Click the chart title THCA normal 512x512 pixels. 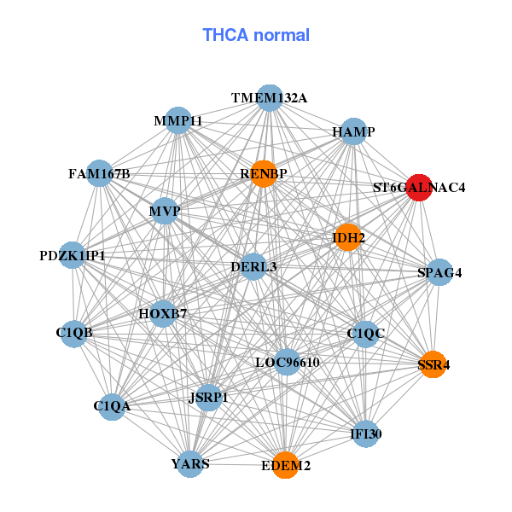click(x=256, y=35)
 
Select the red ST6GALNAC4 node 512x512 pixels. click(x=418, y=188)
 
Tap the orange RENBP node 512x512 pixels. click(x=264, y=173)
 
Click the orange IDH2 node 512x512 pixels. click(x=348, y=237)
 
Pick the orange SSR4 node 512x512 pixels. click(x=433, y=364)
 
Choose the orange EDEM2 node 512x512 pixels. click(x=285, y=466)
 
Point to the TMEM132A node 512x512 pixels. click(x=270, y=98)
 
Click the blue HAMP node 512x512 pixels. click(x=353, y=131)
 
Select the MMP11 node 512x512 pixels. click(x=178, y=120)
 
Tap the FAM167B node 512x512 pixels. click(x=100, y=174)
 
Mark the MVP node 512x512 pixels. click(x=164, y=211)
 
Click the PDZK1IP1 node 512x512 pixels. click(x=73, y=255)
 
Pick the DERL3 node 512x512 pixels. click(x=253, y=267)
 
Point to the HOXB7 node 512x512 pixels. click(x=162, y=313)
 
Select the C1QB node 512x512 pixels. click(x=74, y=332)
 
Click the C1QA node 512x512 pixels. click(x=112, y=405)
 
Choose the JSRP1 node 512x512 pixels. click(x=208, y=397)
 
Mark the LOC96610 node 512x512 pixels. click(x=288, y=362)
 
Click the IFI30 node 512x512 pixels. click(x=365, y=434)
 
